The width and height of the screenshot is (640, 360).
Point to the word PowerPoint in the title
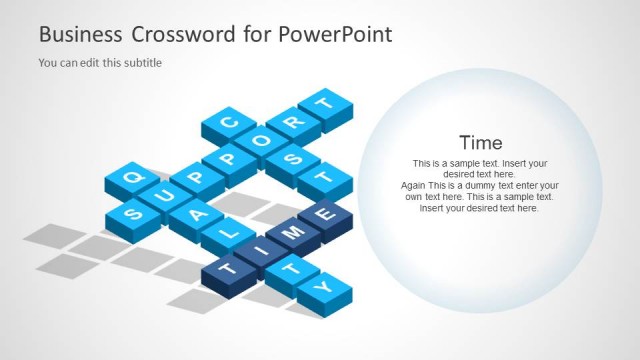[x=336, y=34]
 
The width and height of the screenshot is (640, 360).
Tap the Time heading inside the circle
[x=480, y=142]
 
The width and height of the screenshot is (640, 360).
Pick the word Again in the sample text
[x=413, y=186]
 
